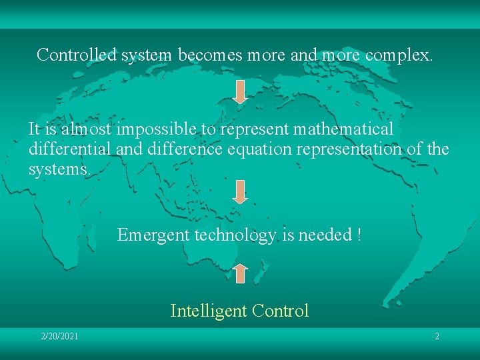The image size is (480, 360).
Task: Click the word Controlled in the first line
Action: (77, 55)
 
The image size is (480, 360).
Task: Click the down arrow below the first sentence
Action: (240, 91)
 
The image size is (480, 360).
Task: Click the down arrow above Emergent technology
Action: (240, 191)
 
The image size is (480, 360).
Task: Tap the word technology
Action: (232, 235)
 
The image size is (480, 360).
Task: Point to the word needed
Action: (325, 235)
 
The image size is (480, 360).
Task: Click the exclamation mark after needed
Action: (359, 235)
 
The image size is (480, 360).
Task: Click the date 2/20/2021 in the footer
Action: (59, 336)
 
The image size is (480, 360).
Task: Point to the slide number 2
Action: (437, 336)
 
